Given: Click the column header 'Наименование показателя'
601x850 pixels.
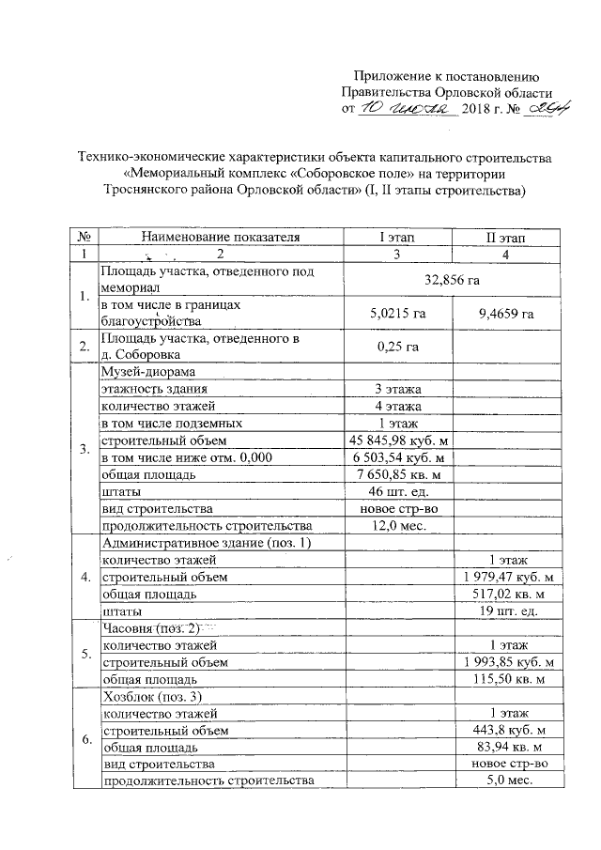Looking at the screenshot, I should (x=221, y=238).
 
